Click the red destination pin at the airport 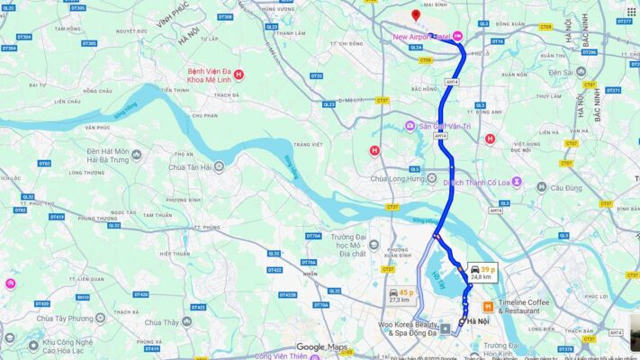(x=415, y=16)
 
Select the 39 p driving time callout (x=482, y=272)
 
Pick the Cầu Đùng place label (x=566, y=187)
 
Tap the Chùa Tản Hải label (x=189, y=166)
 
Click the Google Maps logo (x=322, y=347)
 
